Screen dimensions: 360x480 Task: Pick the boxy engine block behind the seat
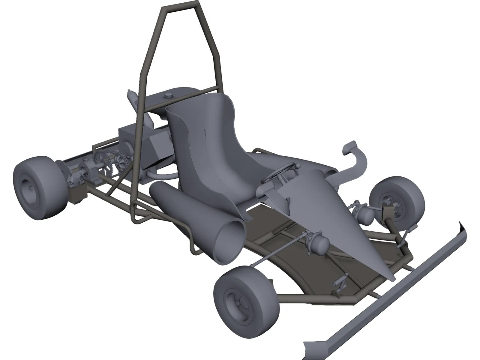click(x=132, y=138)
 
